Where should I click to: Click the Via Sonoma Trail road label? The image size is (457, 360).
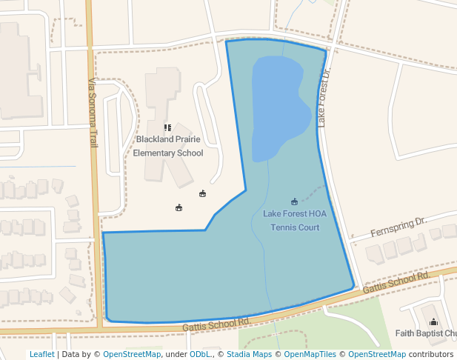point(93,112)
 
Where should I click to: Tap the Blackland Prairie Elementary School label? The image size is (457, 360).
point(167,146)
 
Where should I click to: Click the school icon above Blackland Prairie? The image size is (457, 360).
point(167,128)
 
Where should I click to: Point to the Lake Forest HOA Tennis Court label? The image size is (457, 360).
point(295,221)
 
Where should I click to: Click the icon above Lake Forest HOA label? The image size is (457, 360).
point(294,201)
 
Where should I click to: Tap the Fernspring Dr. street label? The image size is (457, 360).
point(398,225)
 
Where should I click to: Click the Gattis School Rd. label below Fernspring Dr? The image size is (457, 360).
point(396,281)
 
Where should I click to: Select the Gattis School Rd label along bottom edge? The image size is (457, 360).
point(215,324)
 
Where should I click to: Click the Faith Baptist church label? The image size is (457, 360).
point(427,333)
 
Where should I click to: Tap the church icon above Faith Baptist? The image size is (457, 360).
point(434,321)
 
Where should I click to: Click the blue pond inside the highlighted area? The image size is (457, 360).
point(277,104)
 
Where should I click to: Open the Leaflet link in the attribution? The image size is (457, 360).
point(41,354)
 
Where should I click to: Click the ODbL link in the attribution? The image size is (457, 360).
point(199,354)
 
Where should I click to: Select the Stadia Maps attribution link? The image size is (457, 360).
point(249,354)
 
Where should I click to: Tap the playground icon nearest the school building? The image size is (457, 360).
point(202,194)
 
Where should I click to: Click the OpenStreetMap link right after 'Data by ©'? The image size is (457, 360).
point(132,354)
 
